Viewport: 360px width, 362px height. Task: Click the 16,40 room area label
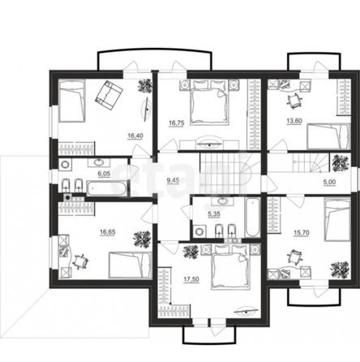(x=135, y=136)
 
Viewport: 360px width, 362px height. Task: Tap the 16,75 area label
(x=177, y=123)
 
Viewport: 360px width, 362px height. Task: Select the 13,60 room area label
(x=294, y=121)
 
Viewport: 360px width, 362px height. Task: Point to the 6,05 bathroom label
(x=104, y=174)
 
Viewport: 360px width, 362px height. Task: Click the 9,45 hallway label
(x=173, y=180)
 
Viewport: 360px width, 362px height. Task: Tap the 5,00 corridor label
(x=329, y=182)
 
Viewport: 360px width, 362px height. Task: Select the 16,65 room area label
(x=108, y=232)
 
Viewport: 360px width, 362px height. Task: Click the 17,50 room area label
(x=191, y=279)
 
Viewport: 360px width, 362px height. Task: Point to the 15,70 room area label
(x=302, y=233)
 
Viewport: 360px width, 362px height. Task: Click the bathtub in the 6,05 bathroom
(x=106, y=188)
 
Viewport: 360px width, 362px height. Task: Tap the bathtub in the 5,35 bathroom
(x=252, y=218)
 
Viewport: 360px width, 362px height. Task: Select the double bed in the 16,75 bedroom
(x=210, y=102)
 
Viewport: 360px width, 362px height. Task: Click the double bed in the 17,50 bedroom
(x=231, y=266)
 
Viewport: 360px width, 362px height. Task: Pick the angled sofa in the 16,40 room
(x=109, y=95)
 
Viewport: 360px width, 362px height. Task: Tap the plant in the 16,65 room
(x=142, y=239)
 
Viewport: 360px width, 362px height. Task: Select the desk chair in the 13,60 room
(x=294, y=101)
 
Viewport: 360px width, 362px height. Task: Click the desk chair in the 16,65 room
(x=80, y=261)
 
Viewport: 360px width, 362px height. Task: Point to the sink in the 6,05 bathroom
(x=98, y=162)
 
